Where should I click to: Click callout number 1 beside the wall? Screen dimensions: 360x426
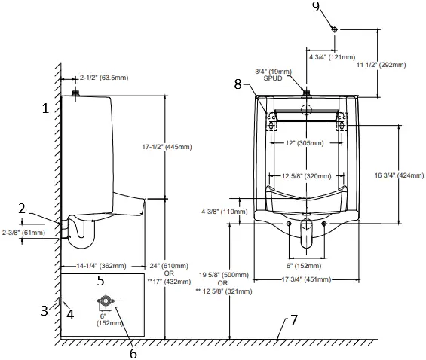45,108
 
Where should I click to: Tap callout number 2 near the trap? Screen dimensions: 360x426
44,209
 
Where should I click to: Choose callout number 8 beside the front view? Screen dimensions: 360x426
238,85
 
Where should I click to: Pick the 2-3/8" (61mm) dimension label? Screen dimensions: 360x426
25,233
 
